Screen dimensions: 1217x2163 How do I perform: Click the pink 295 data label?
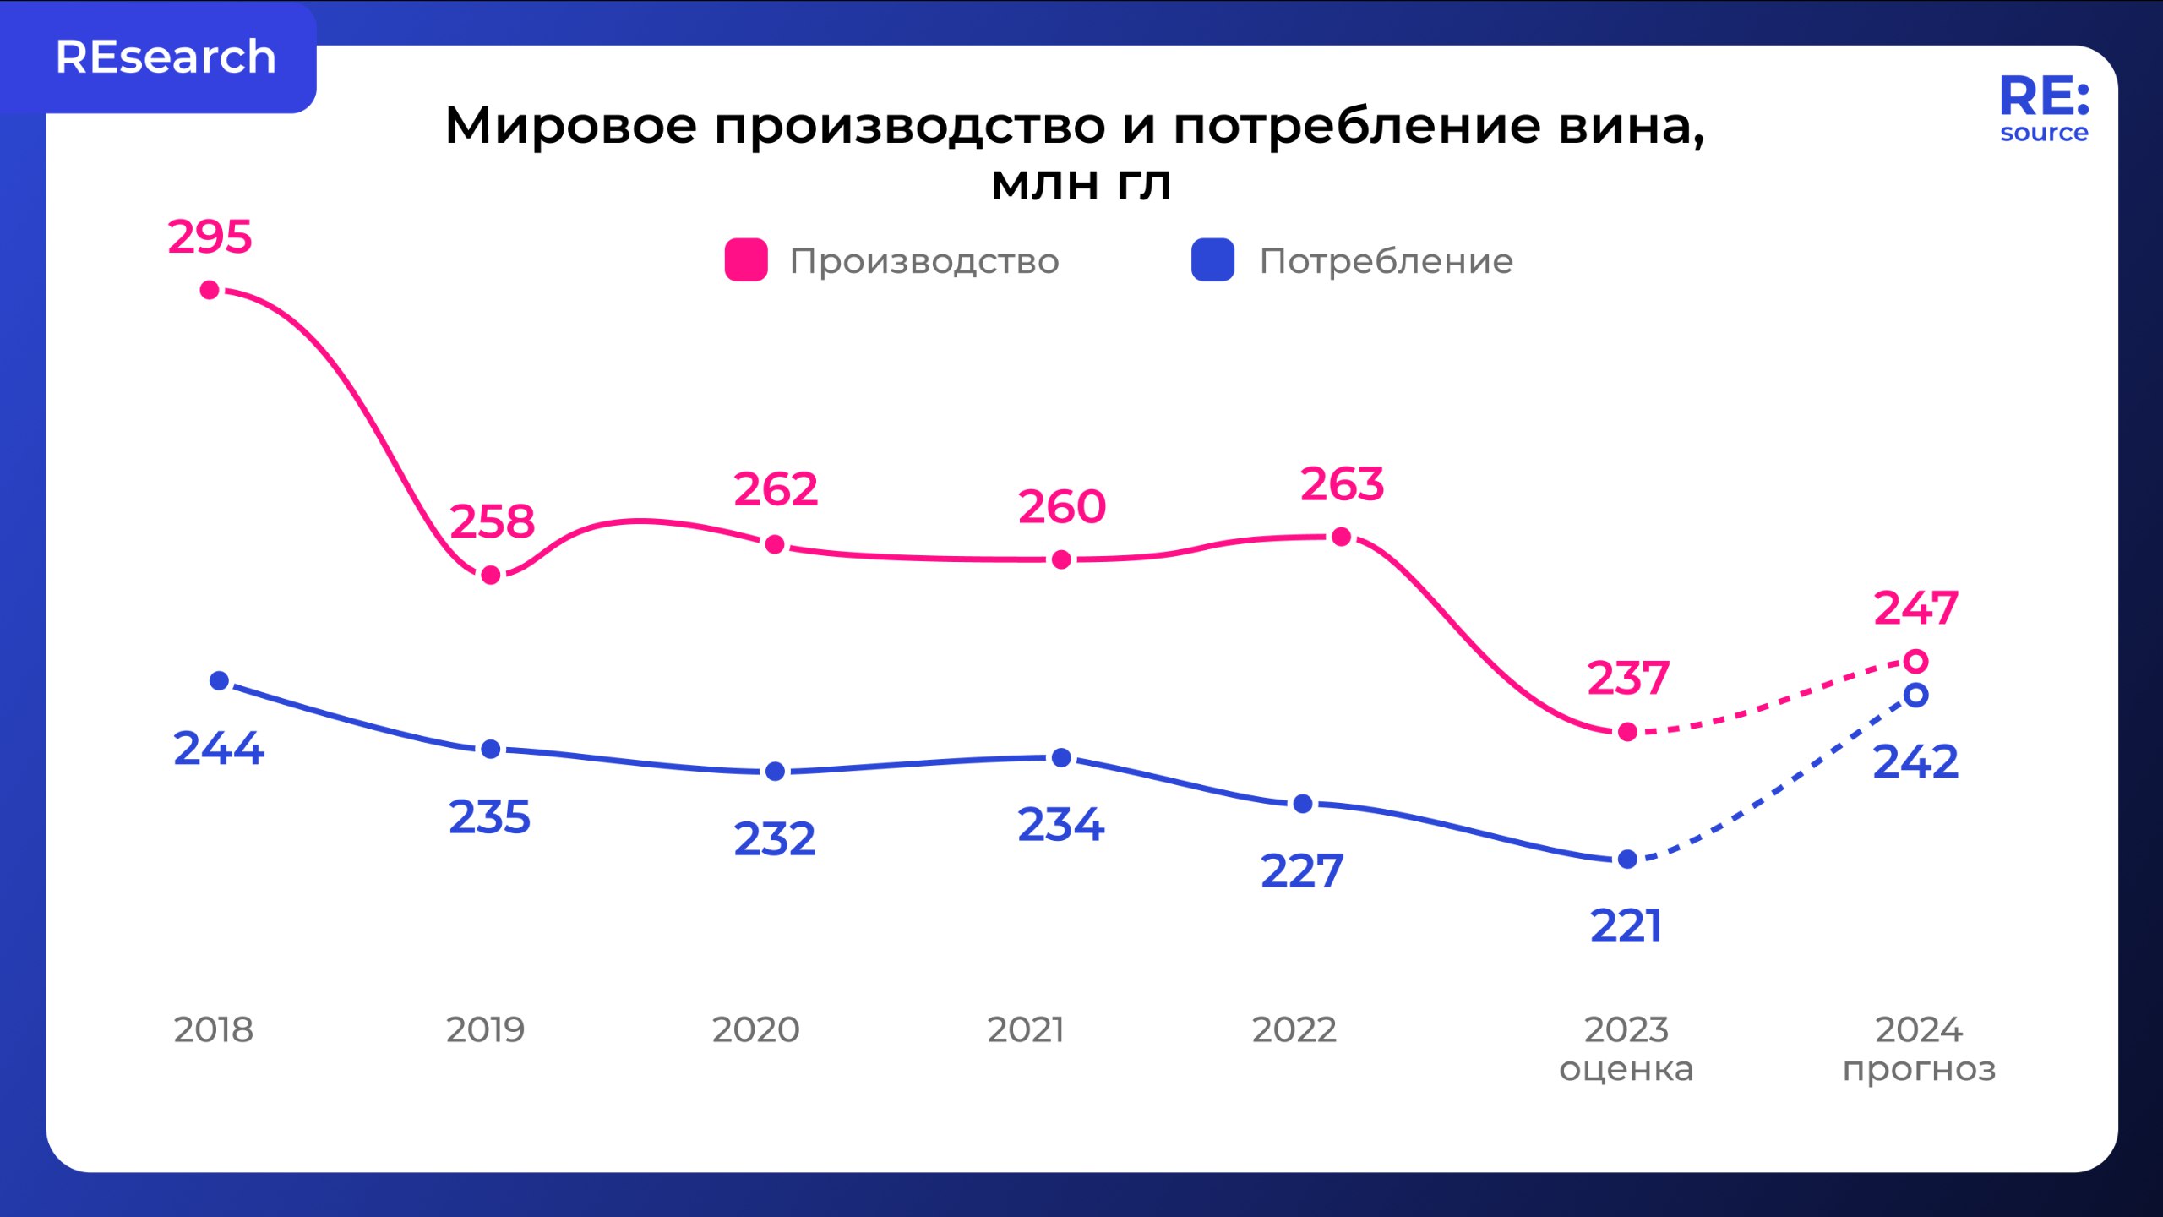pyautogui.click(x=210, y=237)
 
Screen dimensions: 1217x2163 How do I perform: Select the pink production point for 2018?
pyautogui.click(x=210, y=291)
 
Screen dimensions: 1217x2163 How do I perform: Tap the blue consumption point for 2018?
pyautogui.click(x=219, y=680)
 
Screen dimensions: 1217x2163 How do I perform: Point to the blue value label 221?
pyautogui.click(x=1626, y=926)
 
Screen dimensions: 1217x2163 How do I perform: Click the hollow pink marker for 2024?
pyautogui.click(x=1916, y=661)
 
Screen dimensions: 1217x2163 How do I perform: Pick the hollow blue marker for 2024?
pyautogui.click(x=1916, y=696)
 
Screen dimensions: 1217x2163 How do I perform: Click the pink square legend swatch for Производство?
pyautogui.click(x=746, y=260)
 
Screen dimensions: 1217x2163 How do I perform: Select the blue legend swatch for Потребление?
pyautogui.click(x=1212, y=260)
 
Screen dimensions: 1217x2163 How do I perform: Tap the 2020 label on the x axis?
pyautogui.click(x=755, y=1029)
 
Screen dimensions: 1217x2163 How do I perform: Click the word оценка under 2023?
pyautogui.click(x=1626, y=1069)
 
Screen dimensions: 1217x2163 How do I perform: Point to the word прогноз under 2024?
pyautogui.click(x=1919, y=1070)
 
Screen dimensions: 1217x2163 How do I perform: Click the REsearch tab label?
pyautogui.click(x=166, y=57)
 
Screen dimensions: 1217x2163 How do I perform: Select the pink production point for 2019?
pyautogui.click(x=490, y=576)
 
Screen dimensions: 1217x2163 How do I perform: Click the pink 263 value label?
pyautogui.click(x=1342, y=485)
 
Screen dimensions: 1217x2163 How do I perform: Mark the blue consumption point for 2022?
pyautogui.click(x=1303, y=804)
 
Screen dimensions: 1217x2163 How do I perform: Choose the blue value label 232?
pyautogui.click(x=775, y=839)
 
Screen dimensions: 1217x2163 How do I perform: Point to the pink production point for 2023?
pyautogui.click(x=1627, y=732)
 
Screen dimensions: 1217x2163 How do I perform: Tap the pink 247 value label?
pyautogui.click(x=1915, y=608)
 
